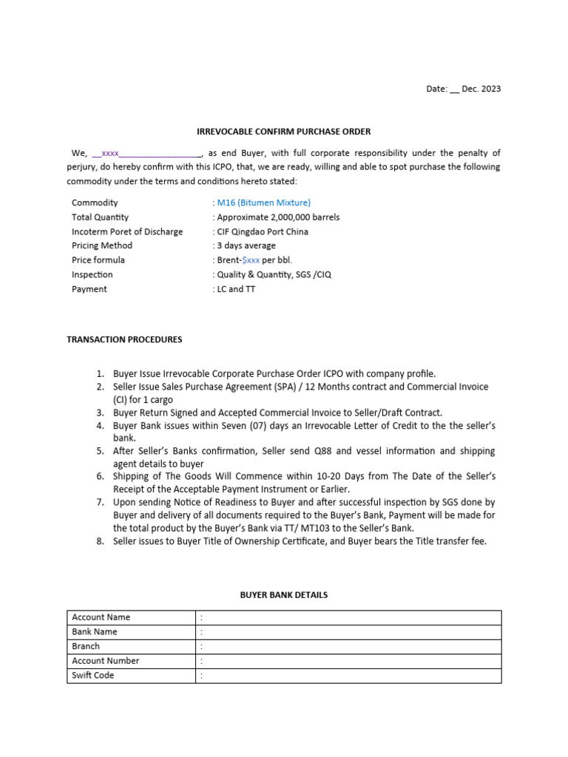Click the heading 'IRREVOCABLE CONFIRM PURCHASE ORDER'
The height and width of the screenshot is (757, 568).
tap(283, 132)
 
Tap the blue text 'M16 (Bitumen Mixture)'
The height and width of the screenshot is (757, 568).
tap(263, 203)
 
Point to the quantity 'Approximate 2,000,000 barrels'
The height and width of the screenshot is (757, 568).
tap(278, 217)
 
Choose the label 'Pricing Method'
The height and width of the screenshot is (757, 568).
tap(102, 245)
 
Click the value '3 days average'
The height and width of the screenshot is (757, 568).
tap(246, 245)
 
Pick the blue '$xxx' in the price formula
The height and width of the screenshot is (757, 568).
tap(251, 260)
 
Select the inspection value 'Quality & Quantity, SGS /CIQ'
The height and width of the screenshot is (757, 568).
tap(272, 274)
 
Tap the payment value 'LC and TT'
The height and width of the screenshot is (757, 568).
tap(236, 289)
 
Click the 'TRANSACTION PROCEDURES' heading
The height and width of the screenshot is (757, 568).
tap(124, 339)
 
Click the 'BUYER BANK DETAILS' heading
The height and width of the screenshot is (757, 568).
tap(284, 594)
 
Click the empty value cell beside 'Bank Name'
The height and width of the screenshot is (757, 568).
tap(348, 632)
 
